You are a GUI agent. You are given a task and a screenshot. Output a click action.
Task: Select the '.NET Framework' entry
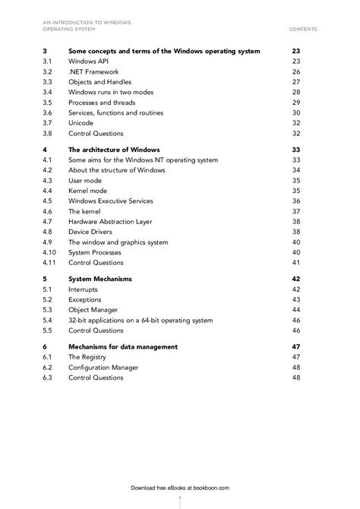coord(93,71)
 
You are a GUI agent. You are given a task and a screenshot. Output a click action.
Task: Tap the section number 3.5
coord(47,103)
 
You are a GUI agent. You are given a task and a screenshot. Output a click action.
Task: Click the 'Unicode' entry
coord(81,123)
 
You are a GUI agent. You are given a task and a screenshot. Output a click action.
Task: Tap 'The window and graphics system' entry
coord(118,242)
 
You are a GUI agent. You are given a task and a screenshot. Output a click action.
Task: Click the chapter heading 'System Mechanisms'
coord(100,279)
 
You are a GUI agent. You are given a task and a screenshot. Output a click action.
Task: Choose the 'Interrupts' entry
coord(83,289)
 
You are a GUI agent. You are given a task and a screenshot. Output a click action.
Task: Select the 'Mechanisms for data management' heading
coord(123,346)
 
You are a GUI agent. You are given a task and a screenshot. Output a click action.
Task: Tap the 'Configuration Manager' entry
coord(103,368)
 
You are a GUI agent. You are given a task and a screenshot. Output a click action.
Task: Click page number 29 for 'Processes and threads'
coord(296,103)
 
